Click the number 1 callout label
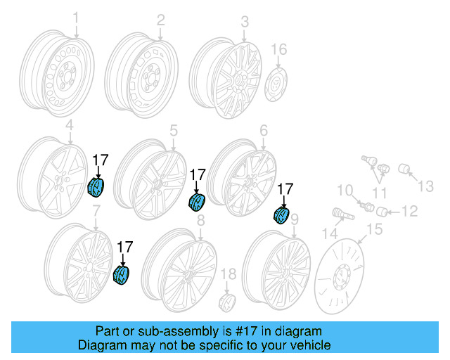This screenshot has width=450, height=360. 76,18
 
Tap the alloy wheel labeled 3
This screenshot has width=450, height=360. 227,76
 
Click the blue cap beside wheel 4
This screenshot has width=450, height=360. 95,188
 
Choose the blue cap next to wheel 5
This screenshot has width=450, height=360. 196,201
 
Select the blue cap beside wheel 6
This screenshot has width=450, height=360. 281,214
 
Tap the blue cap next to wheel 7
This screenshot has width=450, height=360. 122,275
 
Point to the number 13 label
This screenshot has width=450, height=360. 427,186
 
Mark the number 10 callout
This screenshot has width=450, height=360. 344,190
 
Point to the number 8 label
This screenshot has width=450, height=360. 200,221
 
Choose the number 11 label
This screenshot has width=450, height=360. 379,193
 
